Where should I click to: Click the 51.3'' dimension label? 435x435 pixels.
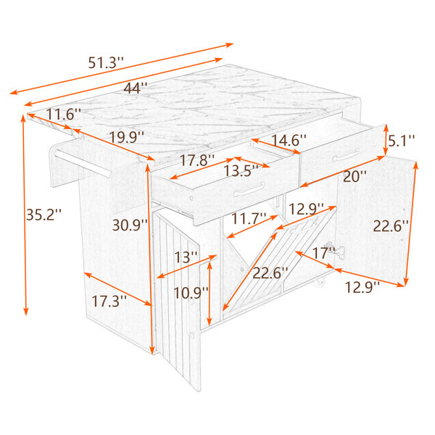click(x=105, y=63)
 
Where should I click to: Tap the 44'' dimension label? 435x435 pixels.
click(x=135, y=88)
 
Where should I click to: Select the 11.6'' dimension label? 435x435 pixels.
click(x=63, y=114)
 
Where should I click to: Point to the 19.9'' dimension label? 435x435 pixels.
click(x=127, y=137)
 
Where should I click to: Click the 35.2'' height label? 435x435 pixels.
click(x=43, y=214)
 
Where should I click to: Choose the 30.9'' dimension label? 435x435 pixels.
click(x=130, y=225)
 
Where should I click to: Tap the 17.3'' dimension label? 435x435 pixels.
click(x=109, y=301)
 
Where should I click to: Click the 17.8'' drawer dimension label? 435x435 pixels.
click(x=197, y=160)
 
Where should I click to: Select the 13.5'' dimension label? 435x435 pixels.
click(x=241, y=170)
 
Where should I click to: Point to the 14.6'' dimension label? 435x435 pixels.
click(x=289, y=140)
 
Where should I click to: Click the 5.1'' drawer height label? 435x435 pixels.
click(x=401, y=141)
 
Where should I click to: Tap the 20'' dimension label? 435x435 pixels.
click(x=355, y=176)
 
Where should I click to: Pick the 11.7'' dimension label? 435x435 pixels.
click(x=249, y=219)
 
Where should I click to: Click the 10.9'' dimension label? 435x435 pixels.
click(x=191, y=293)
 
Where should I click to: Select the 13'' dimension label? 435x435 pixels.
click(x=186, y=257)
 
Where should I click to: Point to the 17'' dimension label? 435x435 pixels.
click(x=323, y=253)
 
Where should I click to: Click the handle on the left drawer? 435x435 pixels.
click(x=249, y=190)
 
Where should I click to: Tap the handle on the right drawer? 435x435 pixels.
click(x=347, y=155)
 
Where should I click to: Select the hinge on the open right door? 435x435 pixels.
click(x=335, y=249)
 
